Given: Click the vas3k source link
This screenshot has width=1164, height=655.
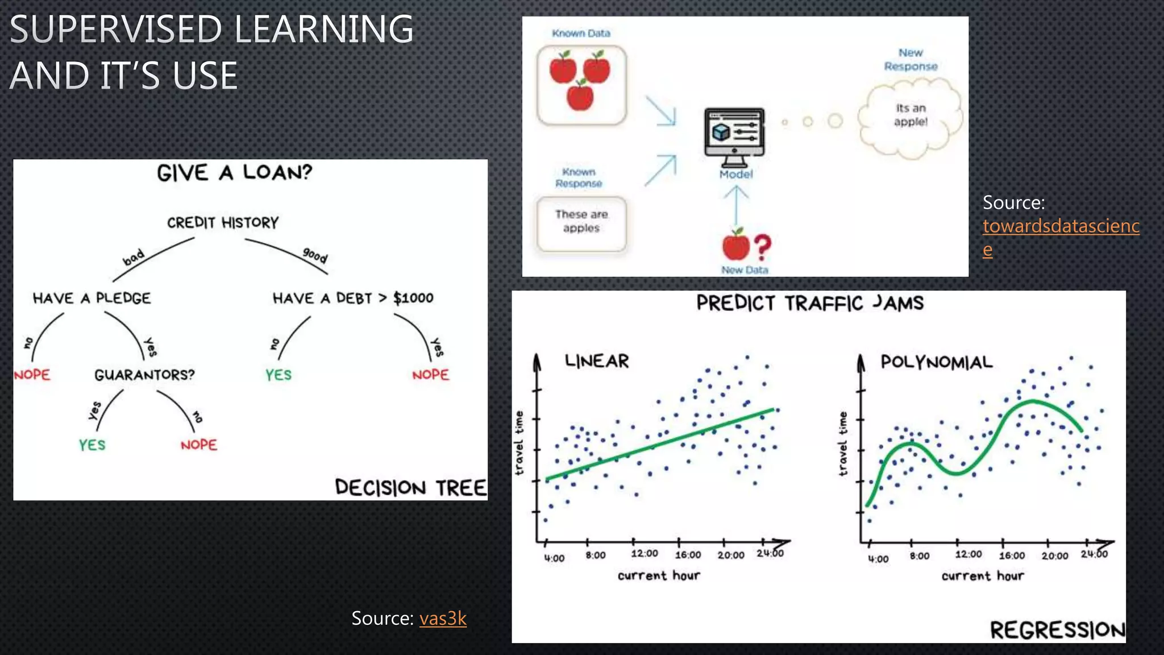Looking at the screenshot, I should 443,619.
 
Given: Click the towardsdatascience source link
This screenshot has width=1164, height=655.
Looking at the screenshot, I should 1061,226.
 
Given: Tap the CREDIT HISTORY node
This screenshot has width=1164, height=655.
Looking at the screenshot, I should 223,222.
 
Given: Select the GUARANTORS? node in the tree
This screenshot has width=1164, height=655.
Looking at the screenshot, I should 144,375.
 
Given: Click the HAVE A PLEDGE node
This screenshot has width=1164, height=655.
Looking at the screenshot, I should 92,299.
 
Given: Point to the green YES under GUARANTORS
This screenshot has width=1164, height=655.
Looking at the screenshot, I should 92,445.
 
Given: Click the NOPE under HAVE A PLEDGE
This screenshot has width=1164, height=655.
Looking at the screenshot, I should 32,375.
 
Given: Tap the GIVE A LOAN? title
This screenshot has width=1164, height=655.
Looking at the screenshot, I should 234,172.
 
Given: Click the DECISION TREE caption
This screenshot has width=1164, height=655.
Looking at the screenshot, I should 410,488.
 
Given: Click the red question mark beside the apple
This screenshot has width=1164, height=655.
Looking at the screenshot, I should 763,247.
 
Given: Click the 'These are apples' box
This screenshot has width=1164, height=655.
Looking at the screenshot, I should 581,222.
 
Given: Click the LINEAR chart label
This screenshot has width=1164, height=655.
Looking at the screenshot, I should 597,361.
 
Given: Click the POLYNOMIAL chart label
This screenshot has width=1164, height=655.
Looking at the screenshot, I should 936,362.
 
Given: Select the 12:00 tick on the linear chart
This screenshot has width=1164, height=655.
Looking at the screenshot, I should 644,554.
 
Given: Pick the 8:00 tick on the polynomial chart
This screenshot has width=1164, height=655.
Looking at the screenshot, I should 919,556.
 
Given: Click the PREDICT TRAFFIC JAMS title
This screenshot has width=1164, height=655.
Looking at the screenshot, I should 809,303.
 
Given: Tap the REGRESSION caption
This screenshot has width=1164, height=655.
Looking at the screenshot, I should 1057,630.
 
